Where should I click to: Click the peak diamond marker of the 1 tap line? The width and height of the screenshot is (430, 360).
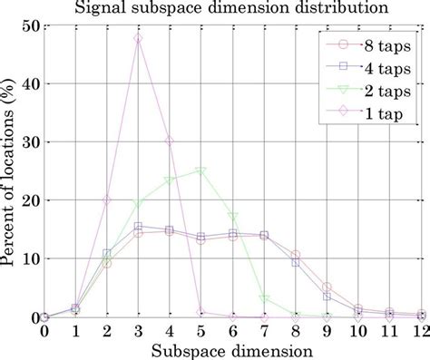(138, 39)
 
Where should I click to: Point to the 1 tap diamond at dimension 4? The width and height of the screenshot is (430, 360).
(170, 141)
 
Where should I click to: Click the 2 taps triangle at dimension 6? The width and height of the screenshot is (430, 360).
(233, 218)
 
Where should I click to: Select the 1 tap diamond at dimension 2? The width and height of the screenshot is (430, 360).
(107, 199)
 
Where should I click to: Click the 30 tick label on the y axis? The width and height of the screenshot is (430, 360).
(28, 142)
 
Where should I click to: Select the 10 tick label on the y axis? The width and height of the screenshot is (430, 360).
(28, 258)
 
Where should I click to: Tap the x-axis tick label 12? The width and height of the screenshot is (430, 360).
(420, 332)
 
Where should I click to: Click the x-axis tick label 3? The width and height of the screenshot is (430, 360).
(138, 332)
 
